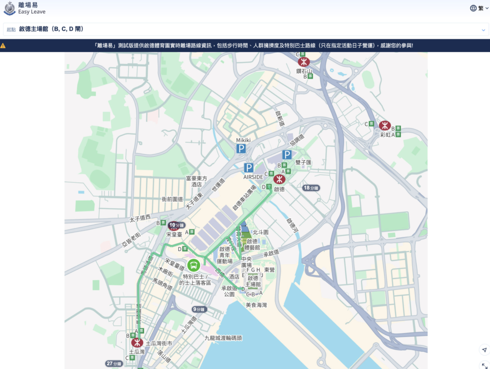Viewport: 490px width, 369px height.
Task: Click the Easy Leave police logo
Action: tap(9, 8)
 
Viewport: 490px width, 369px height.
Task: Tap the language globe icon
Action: tap(473, 8)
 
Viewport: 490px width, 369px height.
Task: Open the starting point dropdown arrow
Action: tap(483, 30)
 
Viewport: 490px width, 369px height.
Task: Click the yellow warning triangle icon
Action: tap(3, 46)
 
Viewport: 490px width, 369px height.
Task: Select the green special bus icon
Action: tap(194, 265)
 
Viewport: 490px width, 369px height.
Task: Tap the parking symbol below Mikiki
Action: tap(241, 149)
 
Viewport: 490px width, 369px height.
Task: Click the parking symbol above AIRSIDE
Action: tap(248, 168)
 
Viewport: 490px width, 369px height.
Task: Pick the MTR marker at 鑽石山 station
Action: tap(303, 62)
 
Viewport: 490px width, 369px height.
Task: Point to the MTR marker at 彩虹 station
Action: tap(385, 125)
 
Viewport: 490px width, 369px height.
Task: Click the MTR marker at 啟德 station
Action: tap(279, 179)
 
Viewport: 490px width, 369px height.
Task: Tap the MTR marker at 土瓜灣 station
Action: tap(137, 343)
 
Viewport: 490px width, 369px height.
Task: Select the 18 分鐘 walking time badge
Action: tap(311, 188)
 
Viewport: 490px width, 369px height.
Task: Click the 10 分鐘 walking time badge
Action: tap(176, 225)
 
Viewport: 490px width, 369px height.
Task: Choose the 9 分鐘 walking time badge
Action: tap(199, 309)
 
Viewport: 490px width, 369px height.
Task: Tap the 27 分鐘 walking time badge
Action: tap(114, 364)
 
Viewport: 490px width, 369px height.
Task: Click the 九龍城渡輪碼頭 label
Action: tap(223, 338)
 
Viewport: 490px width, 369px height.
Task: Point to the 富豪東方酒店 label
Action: tap(197, 181)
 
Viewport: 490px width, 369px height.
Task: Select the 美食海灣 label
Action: tap(256, 305)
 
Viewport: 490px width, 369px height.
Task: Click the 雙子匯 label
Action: tap(303, 162)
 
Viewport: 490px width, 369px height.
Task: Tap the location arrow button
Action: tap(484, 350)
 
